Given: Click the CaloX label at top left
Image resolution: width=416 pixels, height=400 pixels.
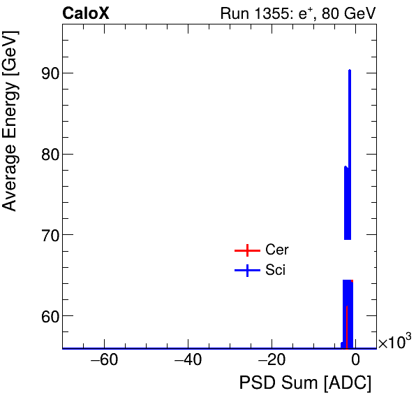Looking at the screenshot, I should (x=85, y=13).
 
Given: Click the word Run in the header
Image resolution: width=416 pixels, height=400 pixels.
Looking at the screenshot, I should (x=234, y=13).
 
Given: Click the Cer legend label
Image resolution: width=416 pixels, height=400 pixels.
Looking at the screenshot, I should (x=277, y=250).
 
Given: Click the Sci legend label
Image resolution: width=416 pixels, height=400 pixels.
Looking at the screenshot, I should (x=275, y=271).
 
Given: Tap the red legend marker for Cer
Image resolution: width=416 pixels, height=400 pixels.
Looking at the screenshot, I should (x=246, y=250).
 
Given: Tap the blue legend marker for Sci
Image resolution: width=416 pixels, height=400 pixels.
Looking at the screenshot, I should (x=246, y=271).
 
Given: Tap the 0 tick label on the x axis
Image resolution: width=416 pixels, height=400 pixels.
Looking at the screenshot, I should (x=355, y=361).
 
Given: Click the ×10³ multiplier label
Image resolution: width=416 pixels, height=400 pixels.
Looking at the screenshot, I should (x=394, y=342).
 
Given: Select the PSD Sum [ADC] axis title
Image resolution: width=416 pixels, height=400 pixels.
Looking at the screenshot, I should (x=305, y=384).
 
